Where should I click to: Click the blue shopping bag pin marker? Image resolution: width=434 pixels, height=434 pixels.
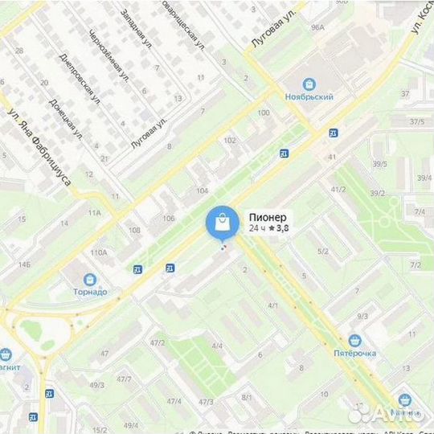pyautogui.click(x=221, y=223)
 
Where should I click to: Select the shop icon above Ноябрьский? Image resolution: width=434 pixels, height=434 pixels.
pyautogui.click(x=309, y=84)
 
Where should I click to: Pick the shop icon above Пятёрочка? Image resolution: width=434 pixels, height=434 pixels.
pyautogui.click(x=355, y=339)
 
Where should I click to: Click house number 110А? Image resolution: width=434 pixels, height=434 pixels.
pyautogui.click(x=98, y=252)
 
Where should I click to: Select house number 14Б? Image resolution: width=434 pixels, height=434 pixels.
pyautogui.click(x=25, y=264)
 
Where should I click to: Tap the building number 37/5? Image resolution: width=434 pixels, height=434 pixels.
pyautogui.click(x=416, y=121)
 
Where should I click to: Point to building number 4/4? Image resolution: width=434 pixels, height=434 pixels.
pyautogui.click(x=217, y=346)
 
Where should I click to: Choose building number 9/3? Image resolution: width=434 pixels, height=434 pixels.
pyautogui.click(x=362, y=317)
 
